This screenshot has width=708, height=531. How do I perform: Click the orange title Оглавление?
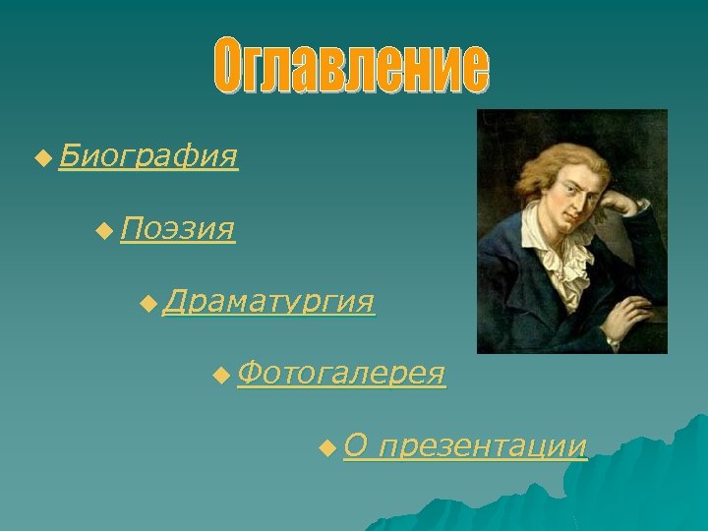tap(352, 68)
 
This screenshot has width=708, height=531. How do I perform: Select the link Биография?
tap(147, 155)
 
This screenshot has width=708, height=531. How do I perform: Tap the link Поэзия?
tap(178, 229)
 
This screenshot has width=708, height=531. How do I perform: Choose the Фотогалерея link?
tap(341, 374)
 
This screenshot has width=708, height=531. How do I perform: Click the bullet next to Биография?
tap(40, 156)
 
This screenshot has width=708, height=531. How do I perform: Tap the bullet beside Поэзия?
tap(105, 230)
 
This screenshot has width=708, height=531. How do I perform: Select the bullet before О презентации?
tap(327, 448)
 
